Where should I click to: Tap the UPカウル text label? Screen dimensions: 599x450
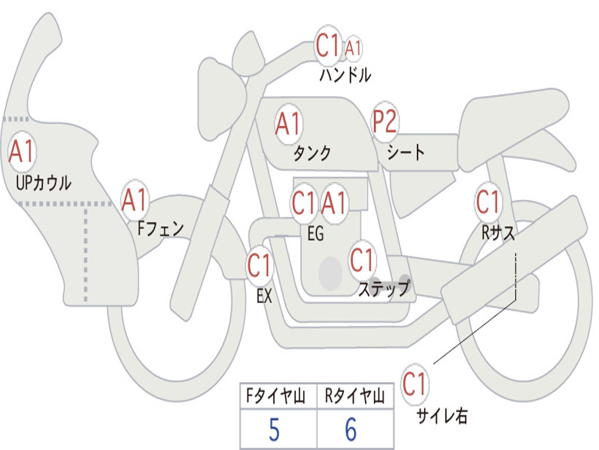[x=44, y=183]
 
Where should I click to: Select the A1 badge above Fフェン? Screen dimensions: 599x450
[x=135, y=201]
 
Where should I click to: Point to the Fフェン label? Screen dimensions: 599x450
[x=161, y=229]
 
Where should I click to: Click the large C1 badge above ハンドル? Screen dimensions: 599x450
[x=328, y=46]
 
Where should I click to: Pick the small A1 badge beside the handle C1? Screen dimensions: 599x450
[x=353, y=49]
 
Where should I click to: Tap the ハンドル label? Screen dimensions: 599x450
[x=345, y=75]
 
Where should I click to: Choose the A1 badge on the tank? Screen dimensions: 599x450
[x=288, y=124]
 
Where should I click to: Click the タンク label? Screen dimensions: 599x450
[x=312, y=154]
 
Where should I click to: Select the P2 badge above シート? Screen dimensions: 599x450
[x=385, y=122]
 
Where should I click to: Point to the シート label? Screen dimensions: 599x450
[x=406, y=153]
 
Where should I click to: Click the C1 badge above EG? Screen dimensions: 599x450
[x=304, y=203]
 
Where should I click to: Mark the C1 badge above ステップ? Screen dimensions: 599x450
[x=362, y=260]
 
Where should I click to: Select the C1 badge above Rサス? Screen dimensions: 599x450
[x=488, y=202]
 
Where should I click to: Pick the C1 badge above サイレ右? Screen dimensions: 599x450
[x=415, y=385]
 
